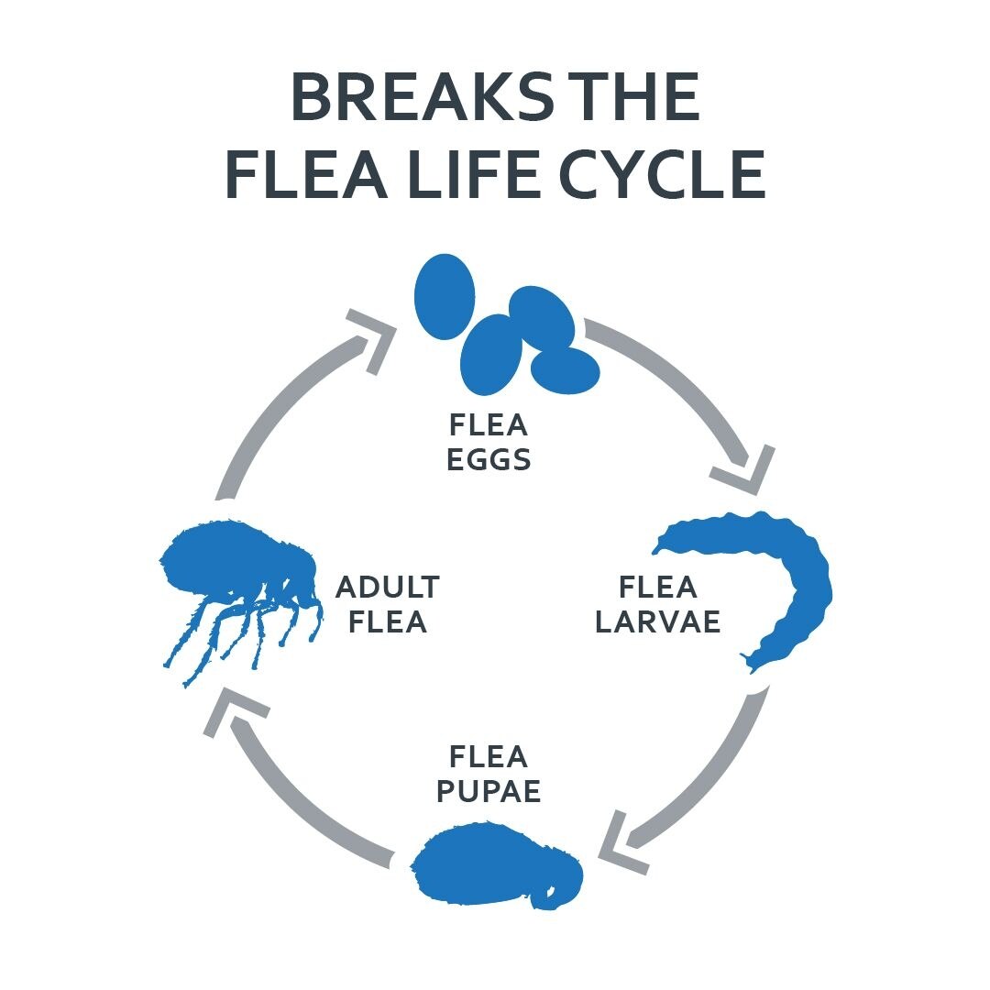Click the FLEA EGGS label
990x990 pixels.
tap(489, 442)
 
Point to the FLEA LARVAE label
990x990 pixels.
tap(657, 604)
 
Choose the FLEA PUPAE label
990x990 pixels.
tap(489, 773)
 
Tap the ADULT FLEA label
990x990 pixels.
tap(387, 604)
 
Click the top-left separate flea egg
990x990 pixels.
tap(445, 296)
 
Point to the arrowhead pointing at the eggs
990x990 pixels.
tap(373, 337)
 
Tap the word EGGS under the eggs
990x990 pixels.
tap(489, 459)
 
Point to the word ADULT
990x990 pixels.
tap(387, 587)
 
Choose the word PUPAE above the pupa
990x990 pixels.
tap(489, 790)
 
